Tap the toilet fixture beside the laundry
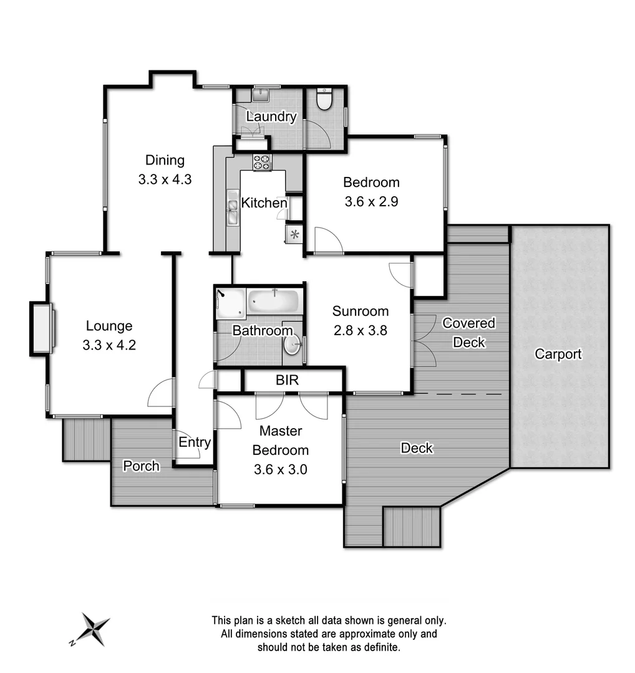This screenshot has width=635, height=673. click(x=324, y=98)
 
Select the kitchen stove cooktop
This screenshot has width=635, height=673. click(x=263, y=162)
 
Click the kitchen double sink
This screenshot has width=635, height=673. click(x=232, y=208)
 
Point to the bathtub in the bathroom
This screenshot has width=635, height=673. click(x=274, y=303)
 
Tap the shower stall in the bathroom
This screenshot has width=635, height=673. click(x=230, y=303)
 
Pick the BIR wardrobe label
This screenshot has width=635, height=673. click(x=288, y=379)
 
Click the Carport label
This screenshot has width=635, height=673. click(x=558, y=354)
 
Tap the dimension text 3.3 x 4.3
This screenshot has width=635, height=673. click(x=165, y=180)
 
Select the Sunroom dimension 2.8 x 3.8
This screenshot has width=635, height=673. click(x=360, y=330)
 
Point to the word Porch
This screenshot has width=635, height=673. click(x=141, y=465)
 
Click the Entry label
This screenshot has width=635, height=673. click(x=195, y=442)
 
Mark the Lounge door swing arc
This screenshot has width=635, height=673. click(x=161, y=393)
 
